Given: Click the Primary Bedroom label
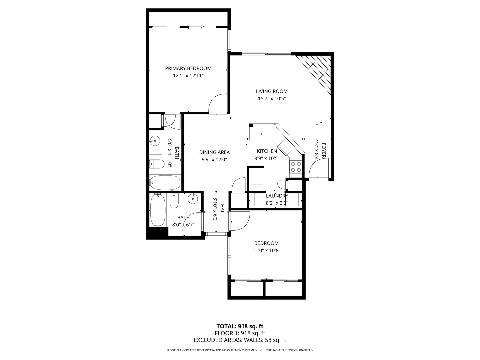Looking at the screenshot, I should tap(188, 68).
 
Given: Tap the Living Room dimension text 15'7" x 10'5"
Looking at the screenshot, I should tap(272, 99).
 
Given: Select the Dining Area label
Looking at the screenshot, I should tap(214, 152).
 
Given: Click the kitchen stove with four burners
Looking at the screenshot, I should tap(296, 167).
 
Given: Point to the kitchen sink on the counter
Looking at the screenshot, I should tap(261, 134).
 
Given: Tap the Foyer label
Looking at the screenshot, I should tap(324, 150).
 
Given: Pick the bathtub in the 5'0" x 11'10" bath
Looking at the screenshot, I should tap(165, 183).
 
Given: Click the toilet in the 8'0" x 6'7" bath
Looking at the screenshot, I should tap(174, 201).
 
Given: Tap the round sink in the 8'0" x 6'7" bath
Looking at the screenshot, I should tap(193, 199).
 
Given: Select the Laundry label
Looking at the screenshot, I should tap(277, 196).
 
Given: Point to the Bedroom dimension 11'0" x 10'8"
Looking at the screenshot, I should tap(266, 251).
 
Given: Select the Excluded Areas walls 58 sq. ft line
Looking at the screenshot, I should tap(240, 340).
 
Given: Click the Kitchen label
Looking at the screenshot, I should tap(267, 151).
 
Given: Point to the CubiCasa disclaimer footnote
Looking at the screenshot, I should tap(240, 350).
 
